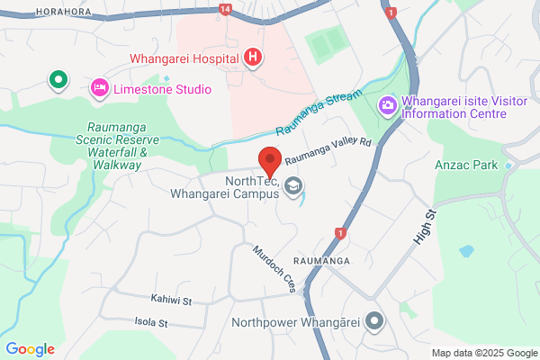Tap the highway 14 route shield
pyautogui.click(x=224, y=9)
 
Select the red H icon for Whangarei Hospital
pyautogui.click(x=254, y=58)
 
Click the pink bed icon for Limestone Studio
pyautogui.click(x=98, y=88)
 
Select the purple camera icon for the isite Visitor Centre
pyautogui.click(x=388, y=104)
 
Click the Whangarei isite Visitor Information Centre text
pyautogui.click(x=463, y=107)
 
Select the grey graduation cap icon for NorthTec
pyautogui.click(x=292, y=187)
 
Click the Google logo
pyautogui.click(x=30, y=349)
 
